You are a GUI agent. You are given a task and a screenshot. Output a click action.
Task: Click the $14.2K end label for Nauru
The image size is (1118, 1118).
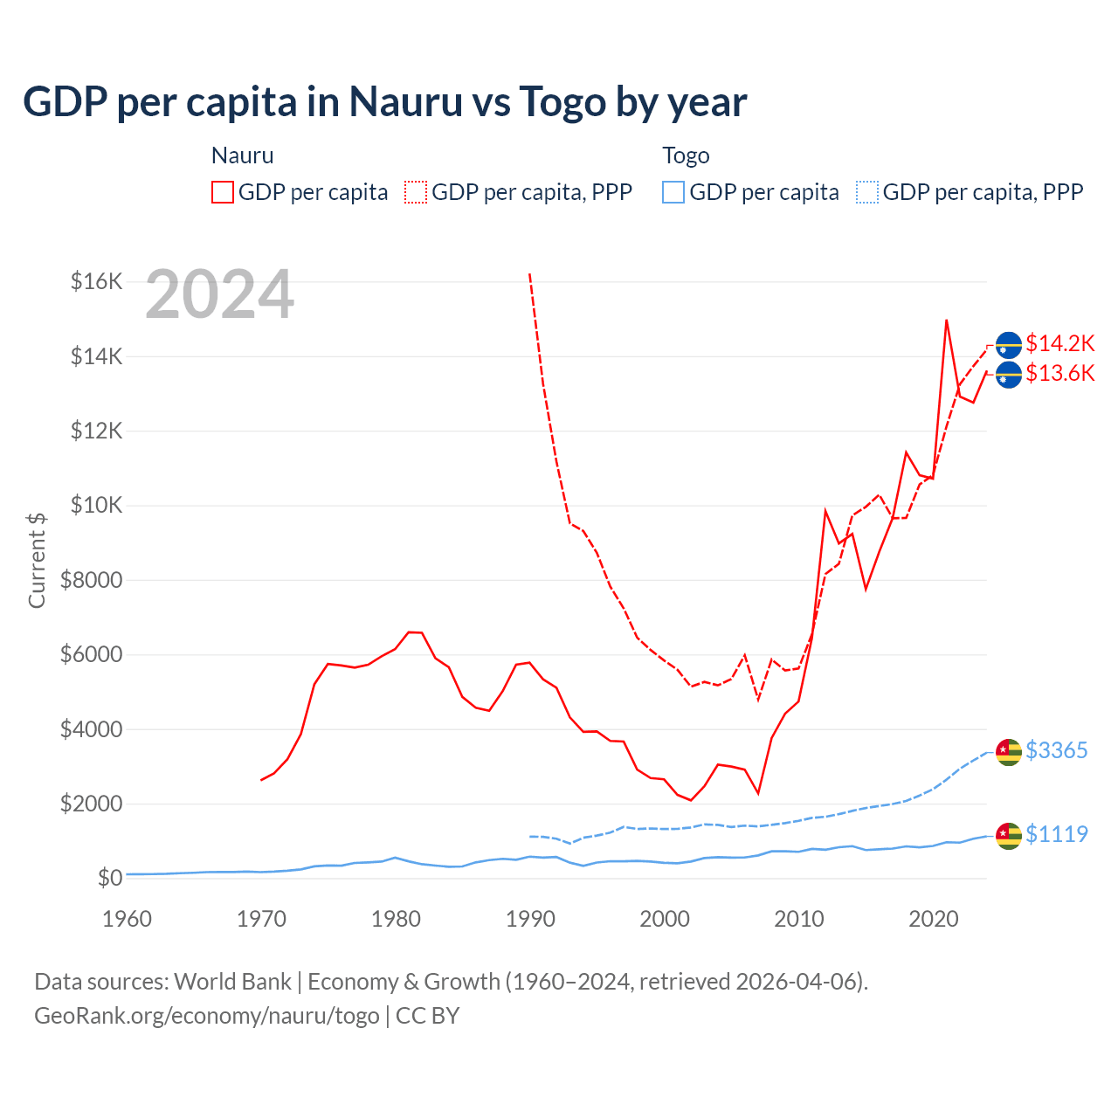click(x=1059, y=343)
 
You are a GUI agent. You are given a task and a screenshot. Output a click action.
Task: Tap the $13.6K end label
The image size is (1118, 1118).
click(x=1059, y=374)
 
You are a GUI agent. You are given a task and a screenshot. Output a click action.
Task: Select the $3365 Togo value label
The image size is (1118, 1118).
click(x=1056, y=750)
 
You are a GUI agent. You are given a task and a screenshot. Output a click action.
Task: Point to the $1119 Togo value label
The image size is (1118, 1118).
click(x=1056, y=834)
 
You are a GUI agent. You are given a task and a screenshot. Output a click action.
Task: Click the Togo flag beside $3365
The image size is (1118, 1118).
click(x=1009, y=752)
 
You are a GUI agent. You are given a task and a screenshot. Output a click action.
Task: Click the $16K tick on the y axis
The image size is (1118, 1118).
click(x=96, y=281)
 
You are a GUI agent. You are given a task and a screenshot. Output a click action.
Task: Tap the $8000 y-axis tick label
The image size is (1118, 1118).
click(x=91, y=580)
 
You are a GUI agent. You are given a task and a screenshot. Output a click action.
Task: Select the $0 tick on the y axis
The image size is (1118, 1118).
click(x=109, y=878)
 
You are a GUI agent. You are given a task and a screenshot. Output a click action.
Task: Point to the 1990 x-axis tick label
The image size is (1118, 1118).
click(x=530, y=919)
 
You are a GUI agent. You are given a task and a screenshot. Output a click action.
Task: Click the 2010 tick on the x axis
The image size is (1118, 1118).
click(x=799, y=919)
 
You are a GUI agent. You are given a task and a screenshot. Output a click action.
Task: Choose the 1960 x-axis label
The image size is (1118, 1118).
click(x=127, y=919)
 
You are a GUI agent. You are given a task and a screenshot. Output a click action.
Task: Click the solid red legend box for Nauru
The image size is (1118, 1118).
click(x=223, y=192)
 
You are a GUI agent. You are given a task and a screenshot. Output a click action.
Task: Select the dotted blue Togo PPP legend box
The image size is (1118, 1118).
click(x=867, y=192)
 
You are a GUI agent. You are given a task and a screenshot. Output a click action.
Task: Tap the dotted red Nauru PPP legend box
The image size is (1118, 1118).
click(x=416, y=192)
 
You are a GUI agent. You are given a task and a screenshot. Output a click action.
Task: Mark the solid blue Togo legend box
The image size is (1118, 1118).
click(x=673, y=192)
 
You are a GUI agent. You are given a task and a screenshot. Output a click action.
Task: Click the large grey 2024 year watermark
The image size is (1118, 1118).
click(x=219, y=295)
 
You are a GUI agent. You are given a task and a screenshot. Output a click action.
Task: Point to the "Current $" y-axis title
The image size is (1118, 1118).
click(x=37, y=560)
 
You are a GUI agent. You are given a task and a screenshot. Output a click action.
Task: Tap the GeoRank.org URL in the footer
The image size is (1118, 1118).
click(x=206, y=1016)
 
